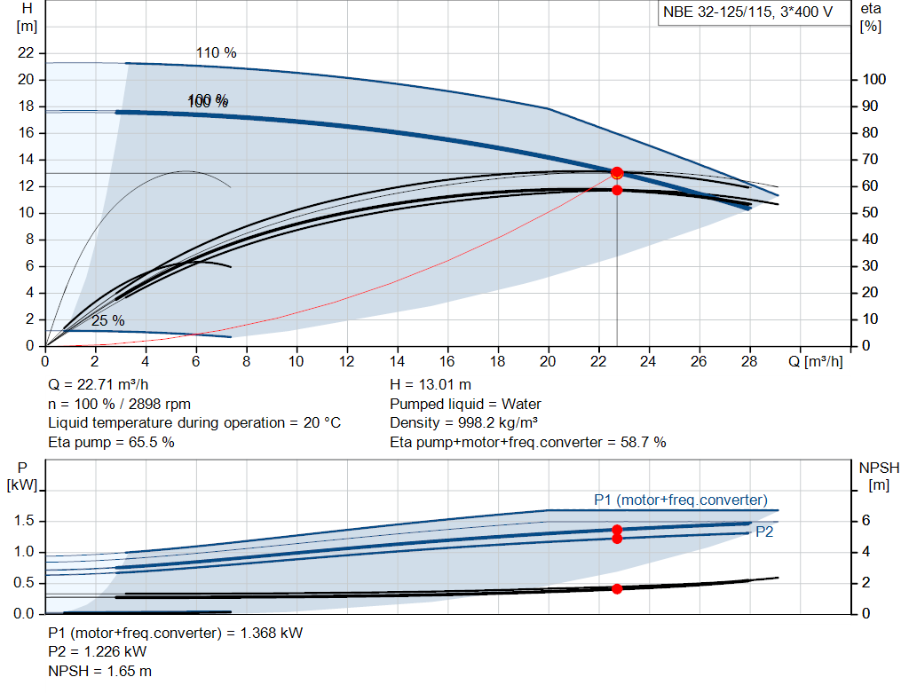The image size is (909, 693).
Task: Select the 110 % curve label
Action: (x=216, y=53)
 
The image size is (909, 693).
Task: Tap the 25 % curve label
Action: (x=107, y=320)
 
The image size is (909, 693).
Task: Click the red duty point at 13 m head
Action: (x=617, y=173)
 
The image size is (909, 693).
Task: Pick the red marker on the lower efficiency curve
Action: (x=617, y=190)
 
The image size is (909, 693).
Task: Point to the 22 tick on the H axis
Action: (x=26, y=53)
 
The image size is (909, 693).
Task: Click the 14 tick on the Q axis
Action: (x=398, y=361)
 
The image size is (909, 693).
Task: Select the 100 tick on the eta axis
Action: (x=873, y=80)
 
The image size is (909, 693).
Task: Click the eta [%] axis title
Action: (x=870, y=17)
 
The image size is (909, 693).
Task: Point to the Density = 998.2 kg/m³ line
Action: (x=463, y=423)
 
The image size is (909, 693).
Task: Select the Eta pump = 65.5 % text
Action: (x=111, y=442)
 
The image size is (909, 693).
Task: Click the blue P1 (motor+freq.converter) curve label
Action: (x=680, y=500)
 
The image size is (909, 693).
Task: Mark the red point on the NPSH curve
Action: (x=617, y=588)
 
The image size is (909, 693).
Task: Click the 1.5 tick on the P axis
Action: (x=24, y=521)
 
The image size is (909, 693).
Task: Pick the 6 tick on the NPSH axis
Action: (x=867, y=521)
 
